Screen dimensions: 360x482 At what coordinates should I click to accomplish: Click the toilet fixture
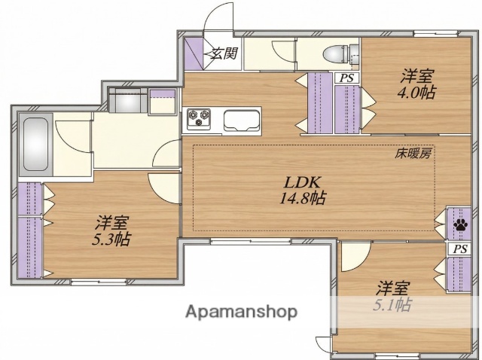coord(333,53)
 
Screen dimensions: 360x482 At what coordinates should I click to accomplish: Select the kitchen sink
coord(241,119)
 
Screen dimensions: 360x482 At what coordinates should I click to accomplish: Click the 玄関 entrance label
coord(224,53)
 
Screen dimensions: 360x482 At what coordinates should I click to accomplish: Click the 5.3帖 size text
coord(112,240)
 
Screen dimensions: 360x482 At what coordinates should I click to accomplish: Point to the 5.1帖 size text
coord(393,305)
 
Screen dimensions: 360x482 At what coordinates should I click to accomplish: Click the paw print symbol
coord(459,223)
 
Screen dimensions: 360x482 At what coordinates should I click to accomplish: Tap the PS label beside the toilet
coord(346,78)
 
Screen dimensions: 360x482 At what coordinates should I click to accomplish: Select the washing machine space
coord(128,101)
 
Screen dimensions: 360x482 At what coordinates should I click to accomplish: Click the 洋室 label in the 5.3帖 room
coord(112,223)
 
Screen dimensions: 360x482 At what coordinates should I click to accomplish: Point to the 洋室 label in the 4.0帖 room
coord(416,76)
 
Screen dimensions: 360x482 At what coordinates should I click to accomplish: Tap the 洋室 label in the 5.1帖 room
coord(393,288)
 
